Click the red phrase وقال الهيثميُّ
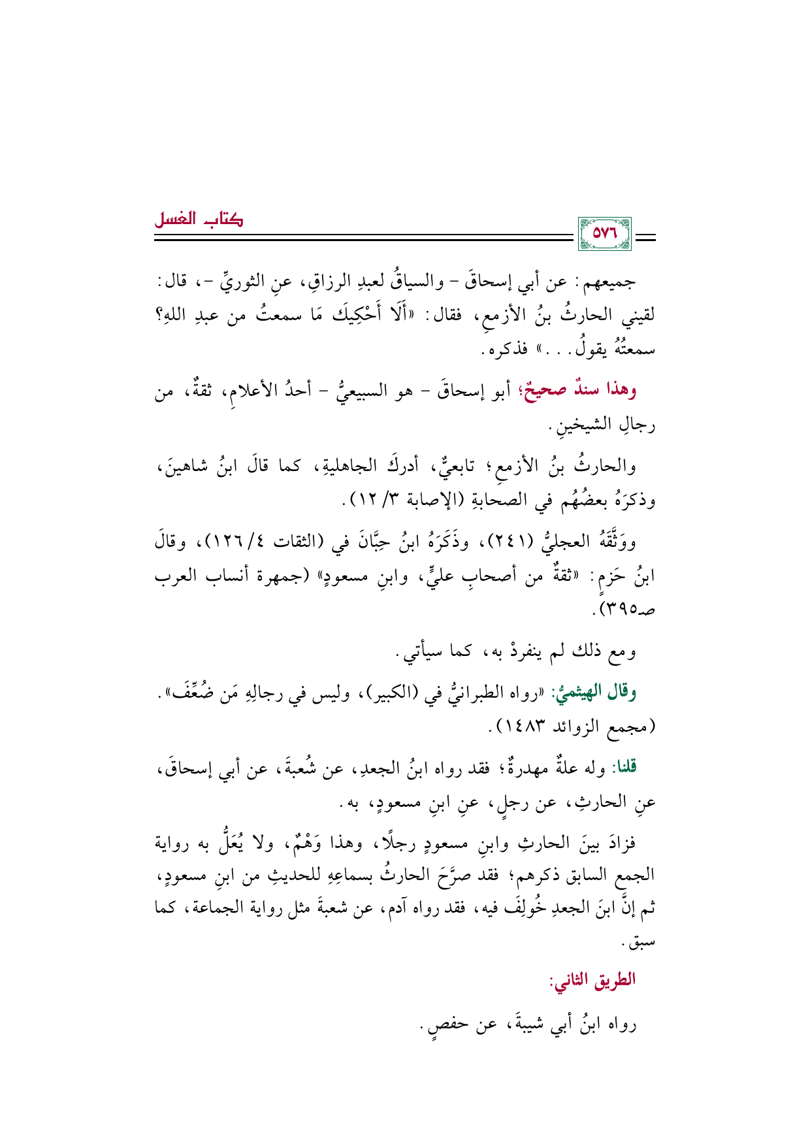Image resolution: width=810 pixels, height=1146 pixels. pos(594,693)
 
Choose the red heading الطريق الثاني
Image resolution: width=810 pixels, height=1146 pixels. pos(592,980)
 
